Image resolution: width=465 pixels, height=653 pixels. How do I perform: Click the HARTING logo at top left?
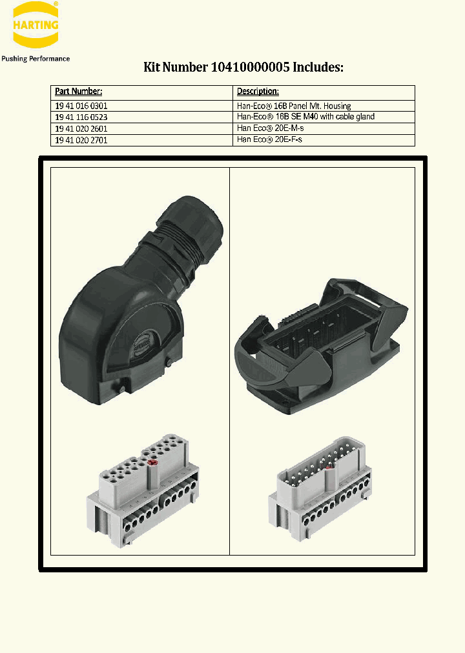pos(36,25)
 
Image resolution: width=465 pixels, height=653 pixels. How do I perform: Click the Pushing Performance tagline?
pos(36,59)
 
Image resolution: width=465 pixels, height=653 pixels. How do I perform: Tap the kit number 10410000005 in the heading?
pos(253,67)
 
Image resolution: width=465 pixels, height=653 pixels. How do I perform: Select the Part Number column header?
pos(78,92)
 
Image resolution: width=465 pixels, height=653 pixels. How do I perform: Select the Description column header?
pos(258,92)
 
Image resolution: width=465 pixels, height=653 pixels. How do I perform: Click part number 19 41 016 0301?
pos(81,106)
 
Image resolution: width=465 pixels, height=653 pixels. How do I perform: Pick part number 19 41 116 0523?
pos(81,117)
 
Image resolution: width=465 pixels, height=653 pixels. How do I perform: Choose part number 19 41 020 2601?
pos(81,128)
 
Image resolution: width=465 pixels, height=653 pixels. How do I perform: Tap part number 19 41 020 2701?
pos(81,139)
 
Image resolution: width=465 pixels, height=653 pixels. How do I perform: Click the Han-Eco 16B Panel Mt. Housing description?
pos(294,106)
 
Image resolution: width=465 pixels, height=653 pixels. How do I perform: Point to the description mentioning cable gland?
pos(305,117)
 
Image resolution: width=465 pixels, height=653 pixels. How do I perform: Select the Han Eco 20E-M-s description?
pos(269,128)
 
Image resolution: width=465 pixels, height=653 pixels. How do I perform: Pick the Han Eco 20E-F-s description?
pos(269,139)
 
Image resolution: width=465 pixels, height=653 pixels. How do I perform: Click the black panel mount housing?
pos(323,342)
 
